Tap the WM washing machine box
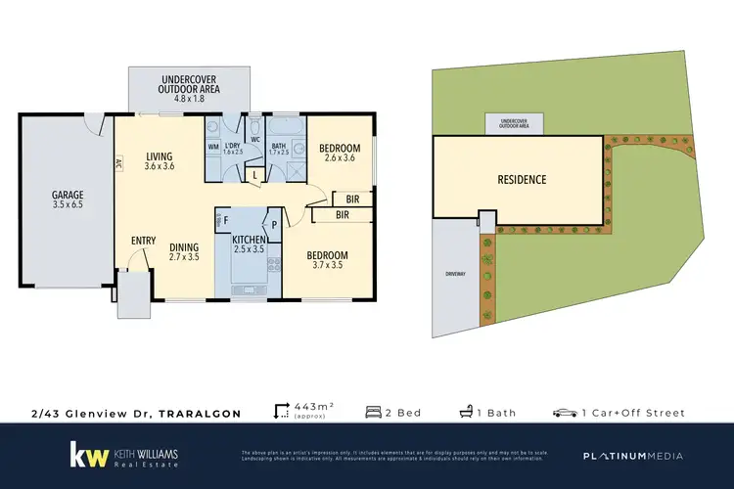(x=213, y=147)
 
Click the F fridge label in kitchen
(x=227, y=220)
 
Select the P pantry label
(x=274, y=224)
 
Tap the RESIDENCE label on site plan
(x=521, y=180)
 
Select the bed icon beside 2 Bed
(x=373, y=413)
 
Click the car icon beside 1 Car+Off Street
(x=564, y=413)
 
